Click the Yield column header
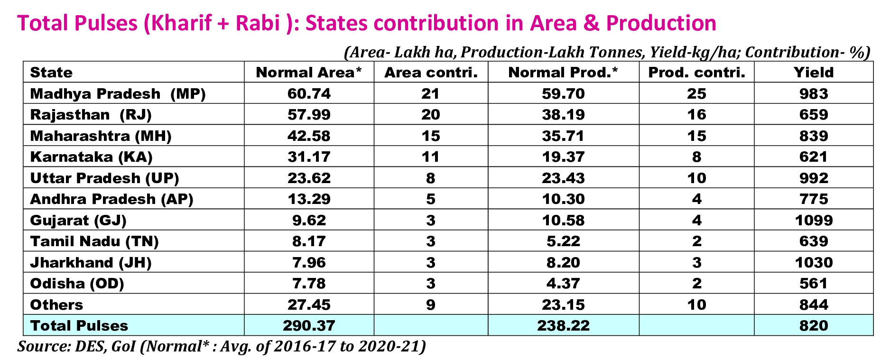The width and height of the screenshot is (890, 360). pyautogui.click(x=813, y=73)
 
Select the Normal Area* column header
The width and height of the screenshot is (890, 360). pyautogui.click(x=309, y=73)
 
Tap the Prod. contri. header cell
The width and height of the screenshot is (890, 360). pyautogui.click(x=696, y=73)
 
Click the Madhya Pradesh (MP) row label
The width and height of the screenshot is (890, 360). pyautogui.click(x=118, y=94)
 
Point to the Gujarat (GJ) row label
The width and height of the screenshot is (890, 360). pyautogui.click(x=78, y=221)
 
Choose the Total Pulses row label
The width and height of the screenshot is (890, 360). pyautogui.click(x=79, y=326)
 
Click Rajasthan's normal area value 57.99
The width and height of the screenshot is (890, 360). pyautogui.click(x=309, y=115)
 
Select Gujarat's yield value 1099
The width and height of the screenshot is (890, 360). pyautogui.click(x=814, y=221)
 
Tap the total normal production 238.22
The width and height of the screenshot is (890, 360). pyautogui.click(x=563, y=326)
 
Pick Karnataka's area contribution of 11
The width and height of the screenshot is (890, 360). pyautogui.click(x=430, y=157)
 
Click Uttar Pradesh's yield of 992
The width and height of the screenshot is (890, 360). pyautogui.click(x=814, y=178)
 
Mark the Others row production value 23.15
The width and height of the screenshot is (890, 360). pyautogui.click(x=563, y=305)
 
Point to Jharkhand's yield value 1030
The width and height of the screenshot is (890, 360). pyautogui.click(x=814, y=263)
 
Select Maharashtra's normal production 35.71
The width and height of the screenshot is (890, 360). pyautogui.click(x=563, y=136)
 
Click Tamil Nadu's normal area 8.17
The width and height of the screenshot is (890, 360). pyautogui.click(x=309, y=241)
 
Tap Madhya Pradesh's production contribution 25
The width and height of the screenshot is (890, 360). pyautogui.click(x=696, y=94)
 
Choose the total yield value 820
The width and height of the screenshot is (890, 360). pyautogui.click(x=814, y=326)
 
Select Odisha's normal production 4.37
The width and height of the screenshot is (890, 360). pyautogui.click(x=563, y=284)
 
